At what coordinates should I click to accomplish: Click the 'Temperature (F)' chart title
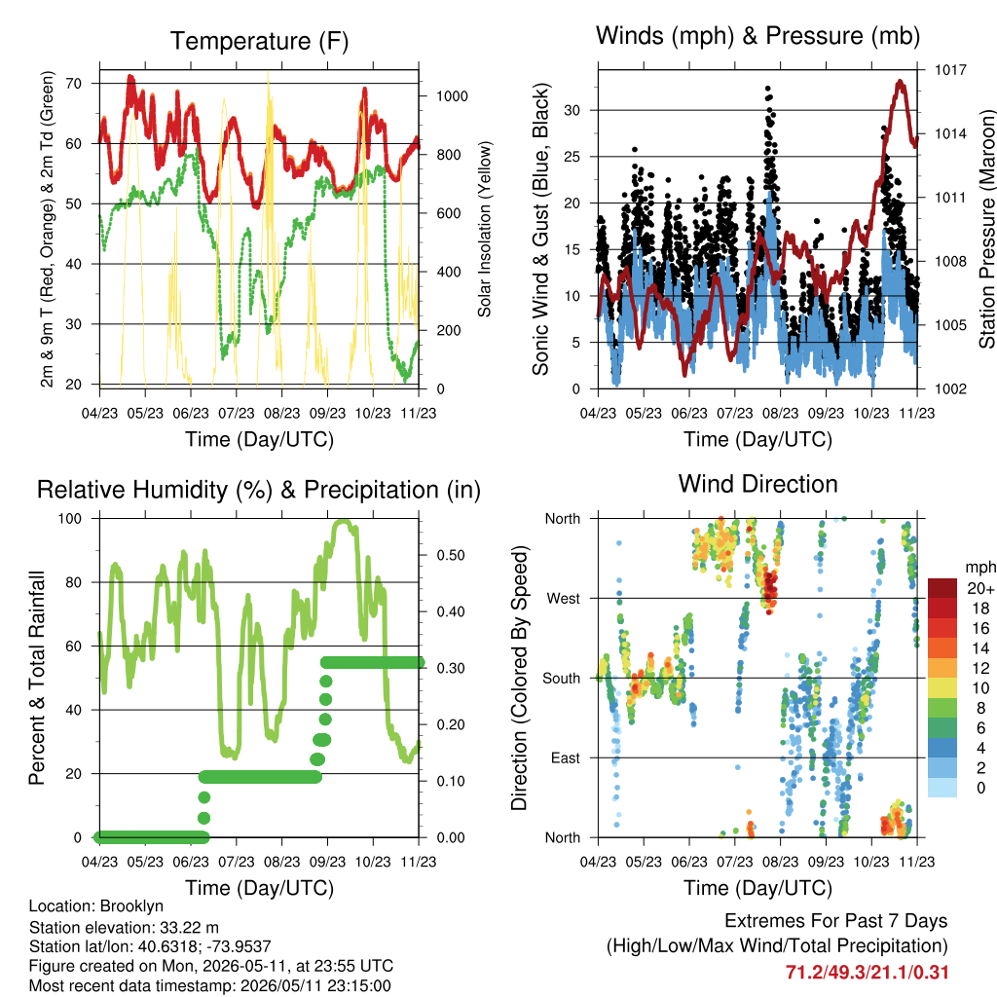(259, 41)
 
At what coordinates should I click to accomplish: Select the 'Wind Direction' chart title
(757, 484)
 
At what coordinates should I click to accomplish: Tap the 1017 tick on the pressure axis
(950, 69)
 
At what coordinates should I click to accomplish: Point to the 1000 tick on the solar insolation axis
(452, 96)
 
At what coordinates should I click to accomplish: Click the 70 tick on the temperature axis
(74, 84)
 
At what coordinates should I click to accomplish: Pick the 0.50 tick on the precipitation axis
(450, 555)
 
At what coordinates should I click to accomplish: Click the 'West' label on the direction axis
(564, 599)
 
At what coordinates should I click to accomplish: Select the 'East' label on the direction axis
(566, 757)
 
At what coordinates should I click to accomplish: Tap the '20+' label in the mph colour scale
(980, 588)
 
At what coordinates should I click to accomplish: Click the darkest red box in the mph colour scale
(942, 588)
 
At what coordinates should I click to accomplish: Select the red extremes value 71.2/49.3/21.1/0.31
(867, 973)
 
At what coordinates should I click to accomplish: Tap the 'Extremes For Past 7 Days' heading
(836, 921)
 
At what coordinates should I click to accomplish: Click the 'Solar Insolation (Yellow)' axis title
(485, 229)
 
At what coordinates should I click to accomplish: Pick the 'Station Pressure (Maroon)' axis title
(986, 229)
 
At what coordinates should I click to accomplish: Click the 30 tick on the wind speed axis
(572, 110)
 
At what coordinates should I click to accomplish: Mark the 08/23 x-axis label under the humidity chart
(281, 862)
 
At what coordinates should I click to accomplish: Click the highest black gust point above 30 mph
(768, 89)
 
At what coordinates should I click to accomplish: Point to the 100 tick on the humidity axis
(70, 518)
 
